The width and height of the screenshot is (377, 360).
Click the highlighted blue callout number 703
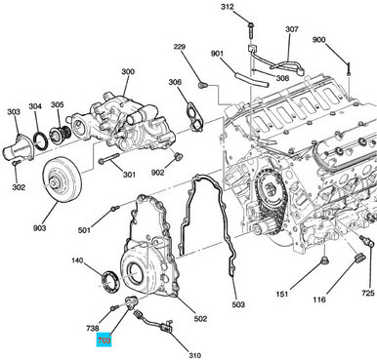pyautogui.click(x=105, y=340)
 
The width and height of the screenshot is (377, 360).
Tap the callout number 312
pyautogui.click(x=227, y=8)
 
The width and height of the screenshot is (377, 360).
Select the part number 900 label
pyautogui.click(x=347, y=40)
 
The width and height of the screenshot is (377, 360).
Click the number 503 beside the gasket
pyautogui.click(x=237, y=305)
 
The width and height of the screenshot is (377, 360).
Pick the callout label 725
pyautogui.click(x=366, y=293)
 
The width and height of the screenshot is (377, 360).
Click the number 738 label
pyautogui.click(x=94, y=329)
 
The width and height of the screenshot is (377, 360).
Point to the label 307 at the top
pyautogui.click(x=292, y=29)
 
